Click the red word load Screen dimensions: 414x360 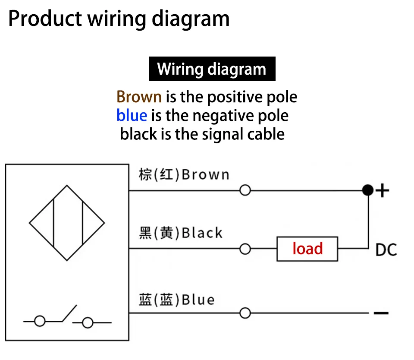(307, 249)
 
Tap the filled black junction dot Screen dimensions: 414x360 (368, 190)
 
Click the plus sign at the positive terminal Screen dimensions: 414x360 (383, 190)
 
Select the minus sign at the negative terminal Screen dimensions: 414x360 (381, 313)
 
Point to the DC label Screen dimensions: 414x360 (386, 250)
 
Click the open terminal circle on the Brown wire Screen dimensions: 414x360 (245, 190)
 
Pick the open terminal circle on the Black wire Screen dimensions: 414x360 (245, 249)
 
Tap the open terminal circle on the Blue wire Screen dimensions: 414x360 (245, 313)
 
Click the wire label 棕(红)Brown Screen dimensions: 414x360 (184, 174)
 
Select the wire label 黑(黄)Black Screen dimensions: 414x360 (181, 233)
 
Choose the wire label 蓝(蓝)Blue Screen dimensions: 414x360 (177, 300)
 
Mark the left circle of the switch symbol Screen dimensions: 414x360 (40, 321)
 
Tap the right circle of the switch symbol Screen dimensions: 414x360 (88, 323)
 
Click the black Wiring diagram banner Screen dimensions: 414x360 (212, 69)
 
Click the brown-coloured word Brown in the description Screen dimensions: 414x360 (139, 97)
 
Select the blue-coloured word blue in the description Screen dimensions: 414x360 (132, 116)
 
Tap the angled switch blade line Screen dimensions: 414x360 (69, 313)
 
